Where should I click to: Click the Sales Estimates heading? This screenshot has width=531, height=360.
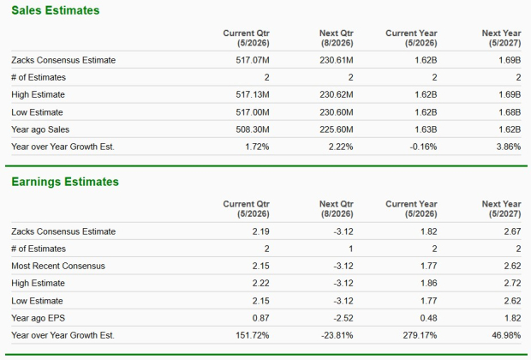(55, 10)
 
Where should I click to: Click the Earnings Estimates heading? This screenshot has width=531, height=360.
(64, 182)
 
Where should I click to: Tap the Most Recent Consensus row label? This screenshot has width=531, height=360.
(58, 266)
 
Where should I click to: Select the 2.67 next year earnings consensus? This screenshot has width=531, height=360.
(512, 231)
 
